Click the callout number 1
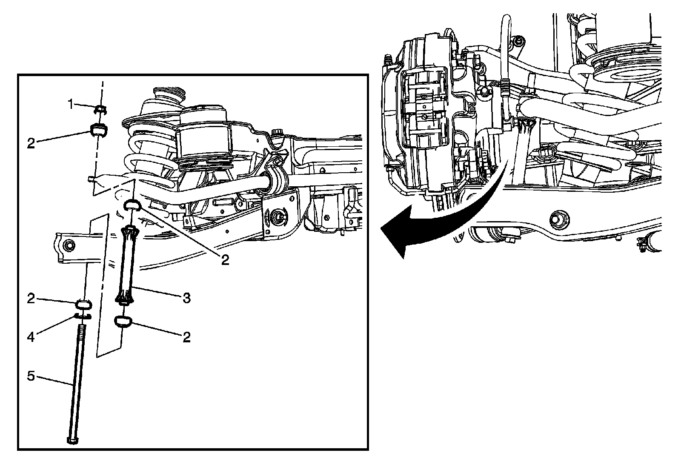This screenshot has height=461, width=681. click(x=71, y=104)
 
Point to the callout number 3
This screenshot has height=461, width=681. click(x=187, y=298)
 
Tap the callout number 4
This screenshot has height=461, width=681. click(x=31, y=337)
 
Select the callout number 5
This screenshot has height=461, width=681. click(x=31, y=376)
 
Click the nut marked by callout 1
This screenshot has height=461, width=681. click(x=100, y=110)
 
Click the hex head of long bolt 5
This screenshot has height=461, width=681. click(x=72, y=440)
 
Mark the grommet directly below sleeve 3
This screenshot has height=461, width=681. click(x=123, y=322)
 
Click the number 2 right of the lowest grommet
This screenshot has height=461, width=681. click(x=186, y=337)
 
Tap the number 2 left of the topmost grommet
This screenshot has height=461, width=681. click(x=31, y=143)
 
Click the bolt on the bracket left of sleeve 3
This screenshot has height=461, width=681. click(x=70, y=245)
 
